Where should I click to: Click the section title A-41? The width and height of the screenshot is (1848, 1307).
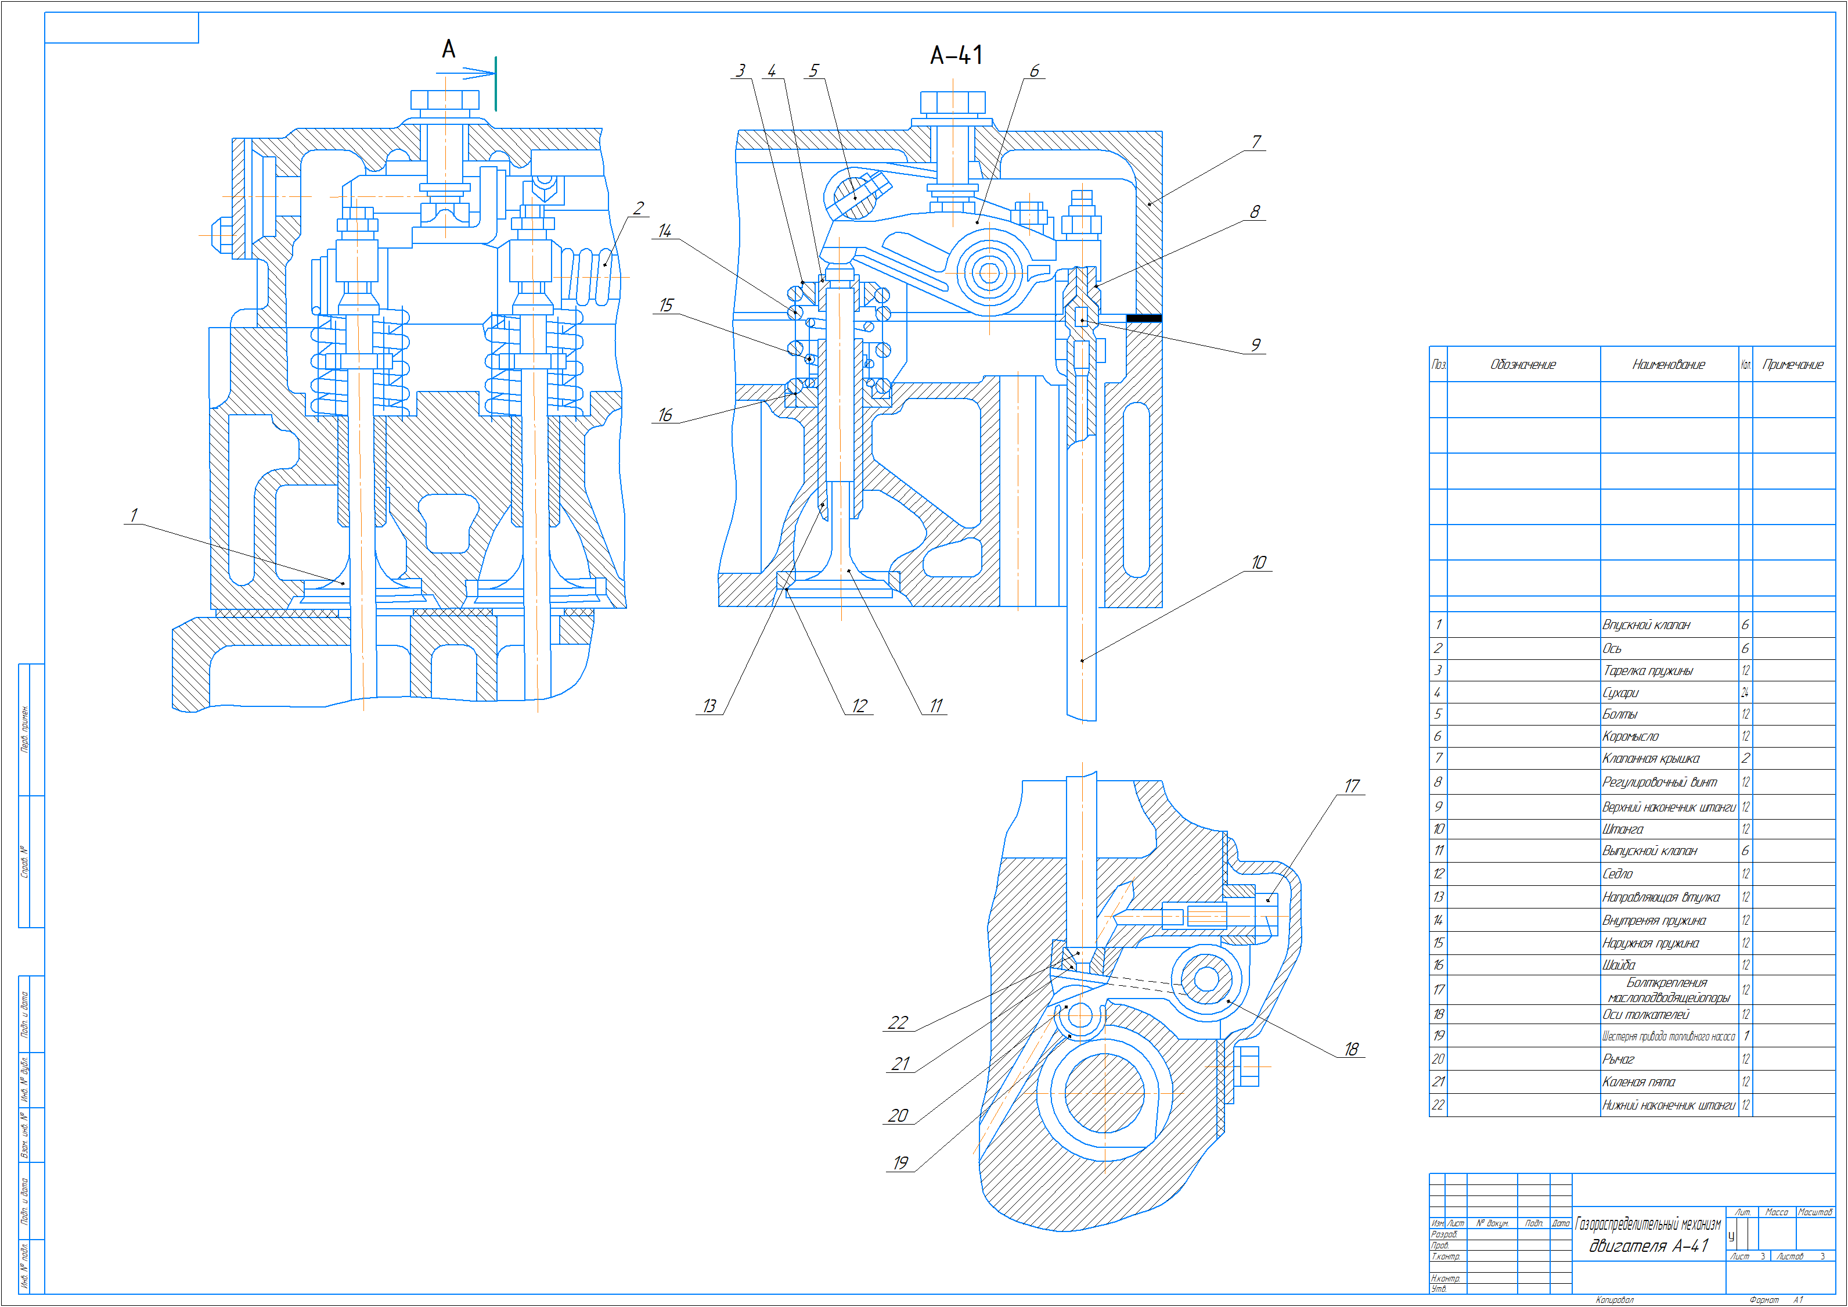click(956, 56)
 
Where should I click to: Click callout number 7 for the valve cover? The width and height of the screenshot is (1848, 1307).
click(1256, 142)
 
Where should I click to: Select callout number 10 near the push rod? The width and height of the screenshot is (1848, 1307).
click(1259, 562)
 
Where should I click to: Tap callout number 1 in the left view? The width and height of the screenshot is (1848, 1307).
click(134, 515)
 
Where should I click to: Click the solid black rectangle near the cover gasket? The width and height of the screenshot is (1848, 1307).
click(1143, 319)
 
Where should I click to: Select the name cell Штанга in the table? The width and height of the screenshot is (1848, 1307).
click(1623, 829)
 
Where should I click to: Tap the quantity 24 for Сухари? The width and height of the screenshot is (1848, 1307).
click(1745, 692)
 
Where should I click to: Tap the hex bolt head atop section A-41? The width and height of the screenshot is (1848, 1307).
click(953, 102)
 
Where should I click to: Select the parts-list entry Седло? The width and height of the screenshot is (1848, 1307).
click(1618, 874)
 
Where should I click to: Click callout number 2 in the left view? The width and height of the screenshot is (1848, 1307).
click(638, 209)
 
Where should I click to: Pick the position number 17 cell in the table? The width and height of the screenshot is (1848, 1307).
click(1438, 990)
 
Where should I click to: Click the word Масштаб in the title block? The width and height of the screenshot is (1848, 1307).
click(1815, 1212)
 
